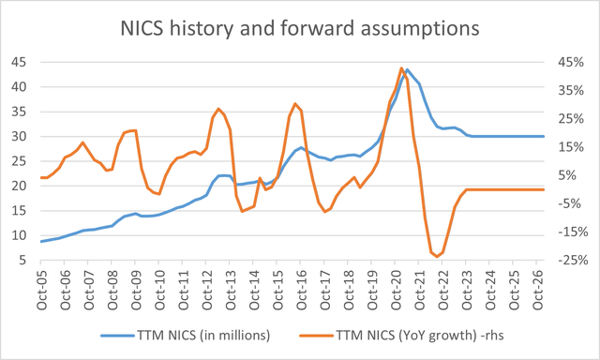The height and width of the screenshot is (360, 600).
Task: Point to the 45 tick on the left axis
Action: pos(19,63)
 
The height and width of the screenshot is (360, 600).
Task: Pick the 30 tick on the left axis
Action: pos(19,137)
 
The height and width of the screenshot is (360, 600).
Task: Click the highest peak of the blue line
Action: pos(407,69)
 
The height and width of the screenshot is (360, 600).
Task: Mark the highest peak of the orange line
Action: pos(401,67)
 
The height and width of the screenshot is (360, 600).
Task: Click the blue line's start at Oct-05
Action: pos(41,242)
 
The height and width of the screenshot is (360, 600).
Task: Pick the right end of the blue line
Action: pos(545,136)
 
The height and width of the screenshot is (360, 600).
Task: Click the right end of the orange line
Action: pos(545,189)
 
